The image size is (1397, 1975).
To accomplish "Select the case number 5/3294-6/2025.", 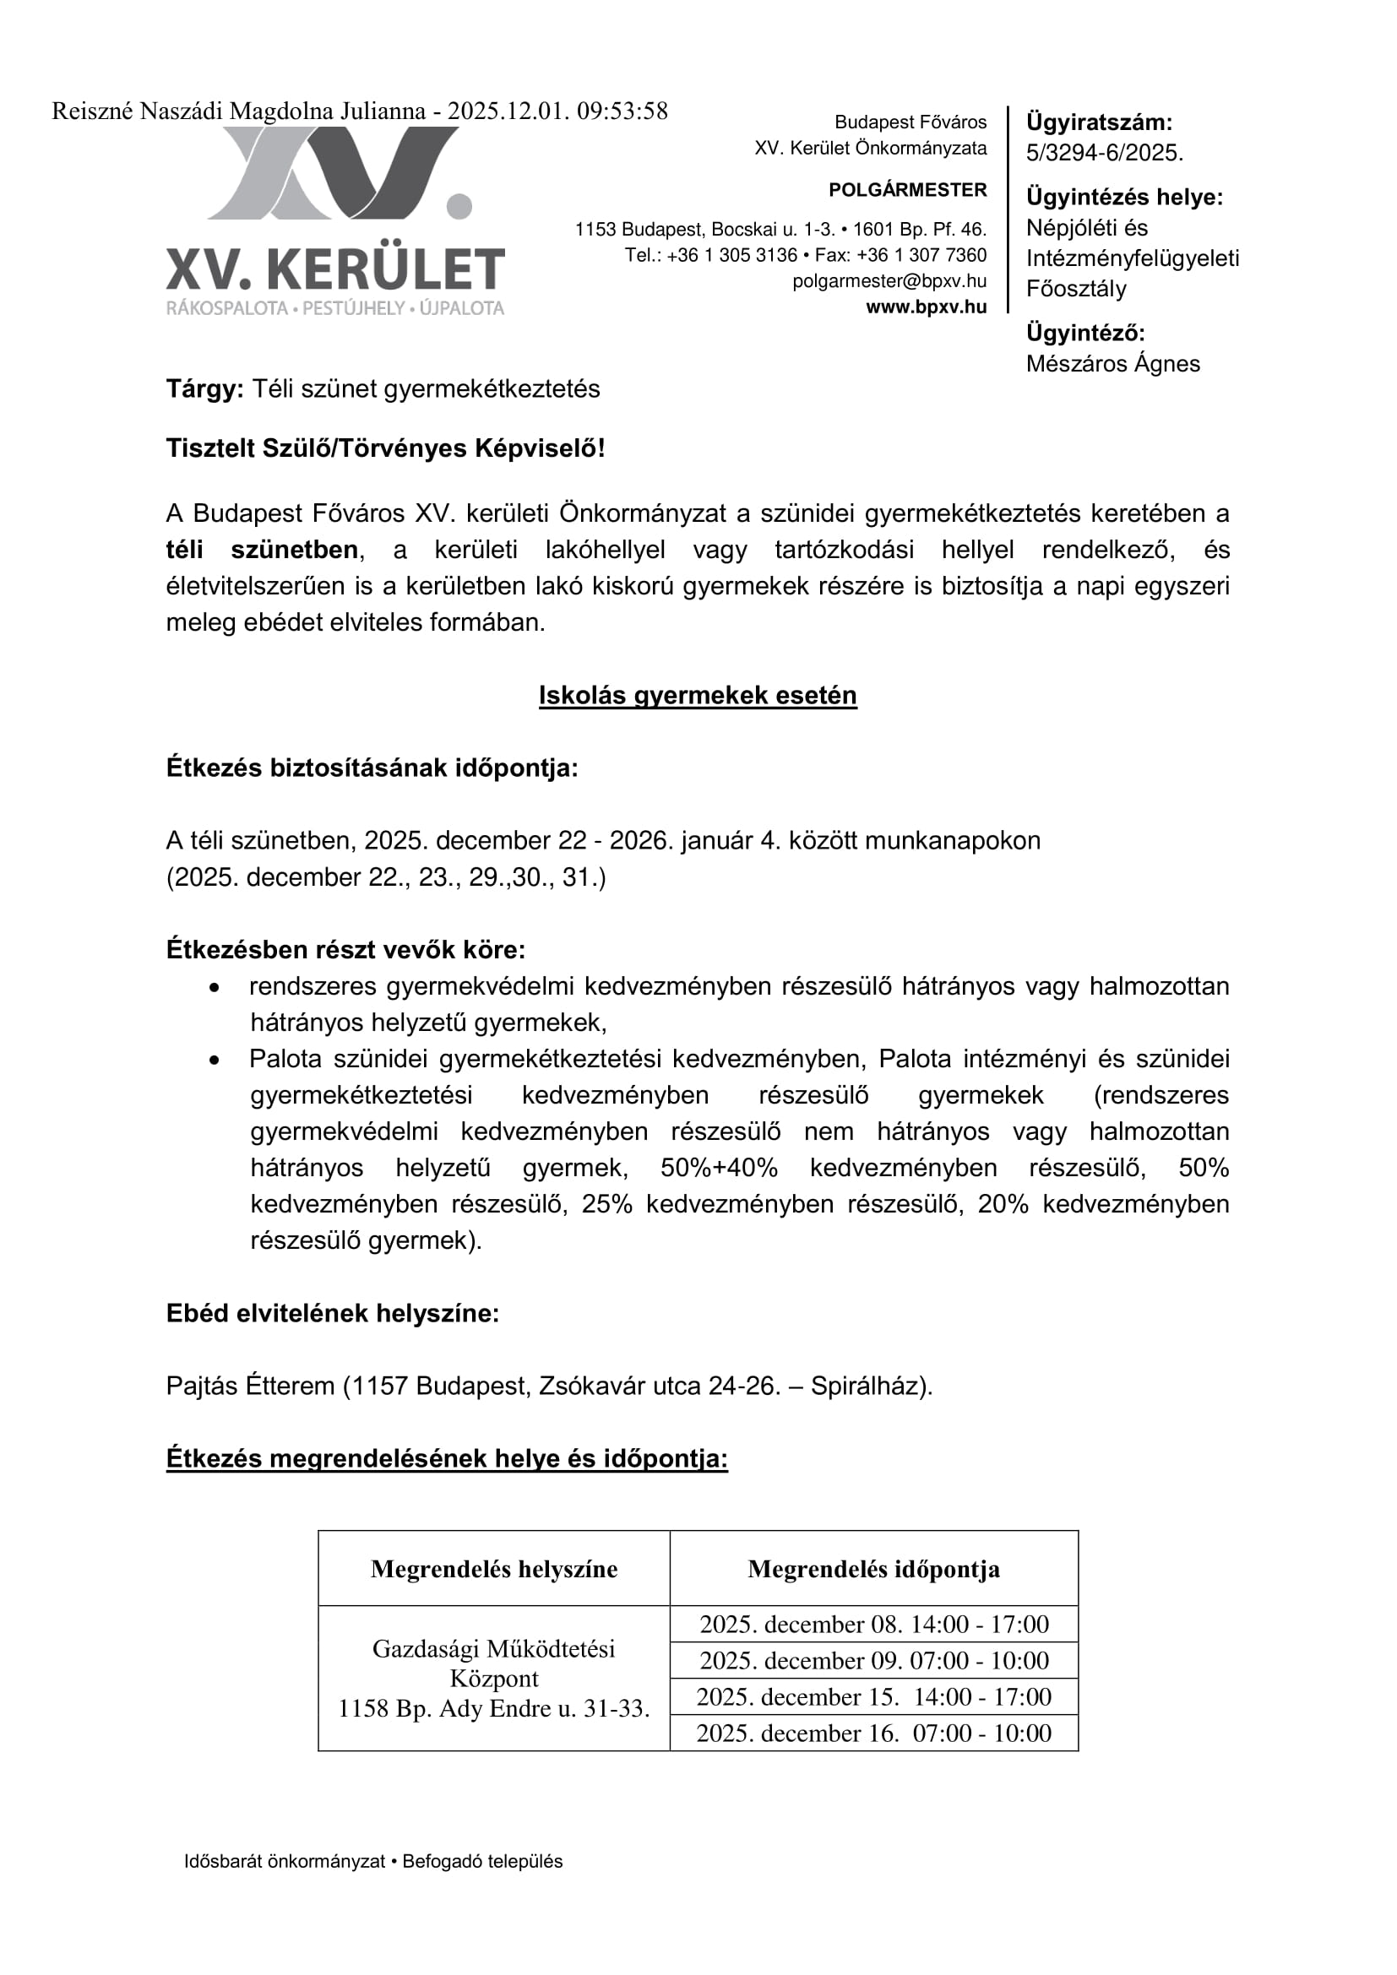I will [x=1105, y=153].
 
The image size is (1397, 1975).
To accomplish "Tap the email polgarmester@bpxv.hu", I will [x=889, y=281].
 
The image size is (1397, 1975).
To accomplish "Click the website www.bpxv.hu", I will [x=926, y=307].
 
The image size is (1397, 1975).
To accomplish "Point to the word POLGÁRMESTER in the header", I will [x=907, y=190].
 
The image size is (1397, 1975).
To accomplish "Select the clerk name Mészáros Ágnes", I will [x=1112, y=364].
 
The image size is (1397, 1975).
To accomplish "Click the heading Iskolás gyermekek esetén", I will [x=698, y=695].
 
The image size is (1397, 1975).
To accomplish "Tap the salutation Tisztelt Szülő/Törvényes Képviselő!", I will [x=385, y=448].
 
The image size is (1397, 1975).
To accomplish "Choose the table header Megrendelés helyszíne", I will [x=494, y=1569].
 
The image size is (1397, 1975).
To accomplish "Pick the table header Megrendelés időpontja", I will [x=873, y=1569].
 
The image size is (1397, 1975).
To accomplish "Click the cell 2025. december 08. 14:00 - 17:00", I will [x=873, y=1624].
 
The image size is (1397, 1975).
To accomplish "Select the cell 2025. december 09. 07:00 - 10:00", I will [x=873, y=1660].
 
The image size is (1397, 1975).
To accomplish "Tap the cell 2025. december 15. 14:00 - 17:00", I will [x=873, y=1696].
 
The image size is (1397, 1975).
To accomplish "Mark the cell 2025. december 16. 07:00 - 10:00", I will [x=873, y=1733].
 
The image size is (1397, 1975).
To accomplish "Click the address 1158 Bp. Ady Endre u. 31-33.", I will [x=494, y=1708].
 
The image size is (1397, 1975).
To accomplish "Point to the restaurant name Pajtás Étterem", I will [x=250, y=1386].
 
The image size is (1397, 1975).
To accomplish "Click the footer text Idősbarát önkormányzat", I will [x=284, y=1885].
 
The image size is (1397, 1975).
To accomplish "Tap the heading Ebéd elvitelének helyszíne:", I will [x=332, y=1314].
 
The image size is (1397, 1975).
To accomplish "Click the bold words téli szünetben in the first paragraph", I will [x=262, y=550].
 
